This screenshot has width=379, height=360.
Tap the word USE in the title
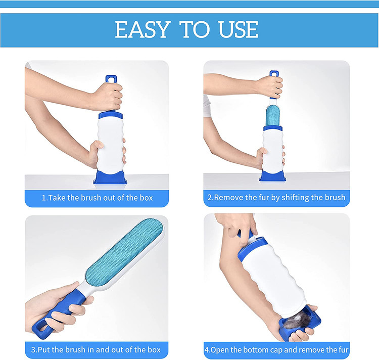pyautogui.click(x=238, y=29)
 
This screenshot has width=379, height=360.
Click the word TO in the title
pyautogui.click(x=195, y=29)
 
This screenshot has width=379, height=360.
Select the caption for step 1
pyautogui.click(x=97, y=198)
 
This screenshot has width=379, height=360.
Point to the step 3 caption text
pyautogui.click(x=96, y=349)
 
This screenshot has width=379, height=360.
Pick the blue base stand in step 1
pyautogui.click(x=110, y=177)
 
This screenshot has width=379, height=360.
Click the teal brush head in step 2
pyautogui.click(x=273, y=116)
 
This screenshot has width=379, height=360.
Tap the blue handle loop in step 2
pyautogui.click(x=274, y=74)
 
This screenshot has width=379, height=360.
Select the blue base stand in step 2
pyautogui.click(x=273, y=176)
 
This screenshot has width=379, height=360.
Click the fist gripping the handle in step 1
pyautogui.click(x=109, y=96)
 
